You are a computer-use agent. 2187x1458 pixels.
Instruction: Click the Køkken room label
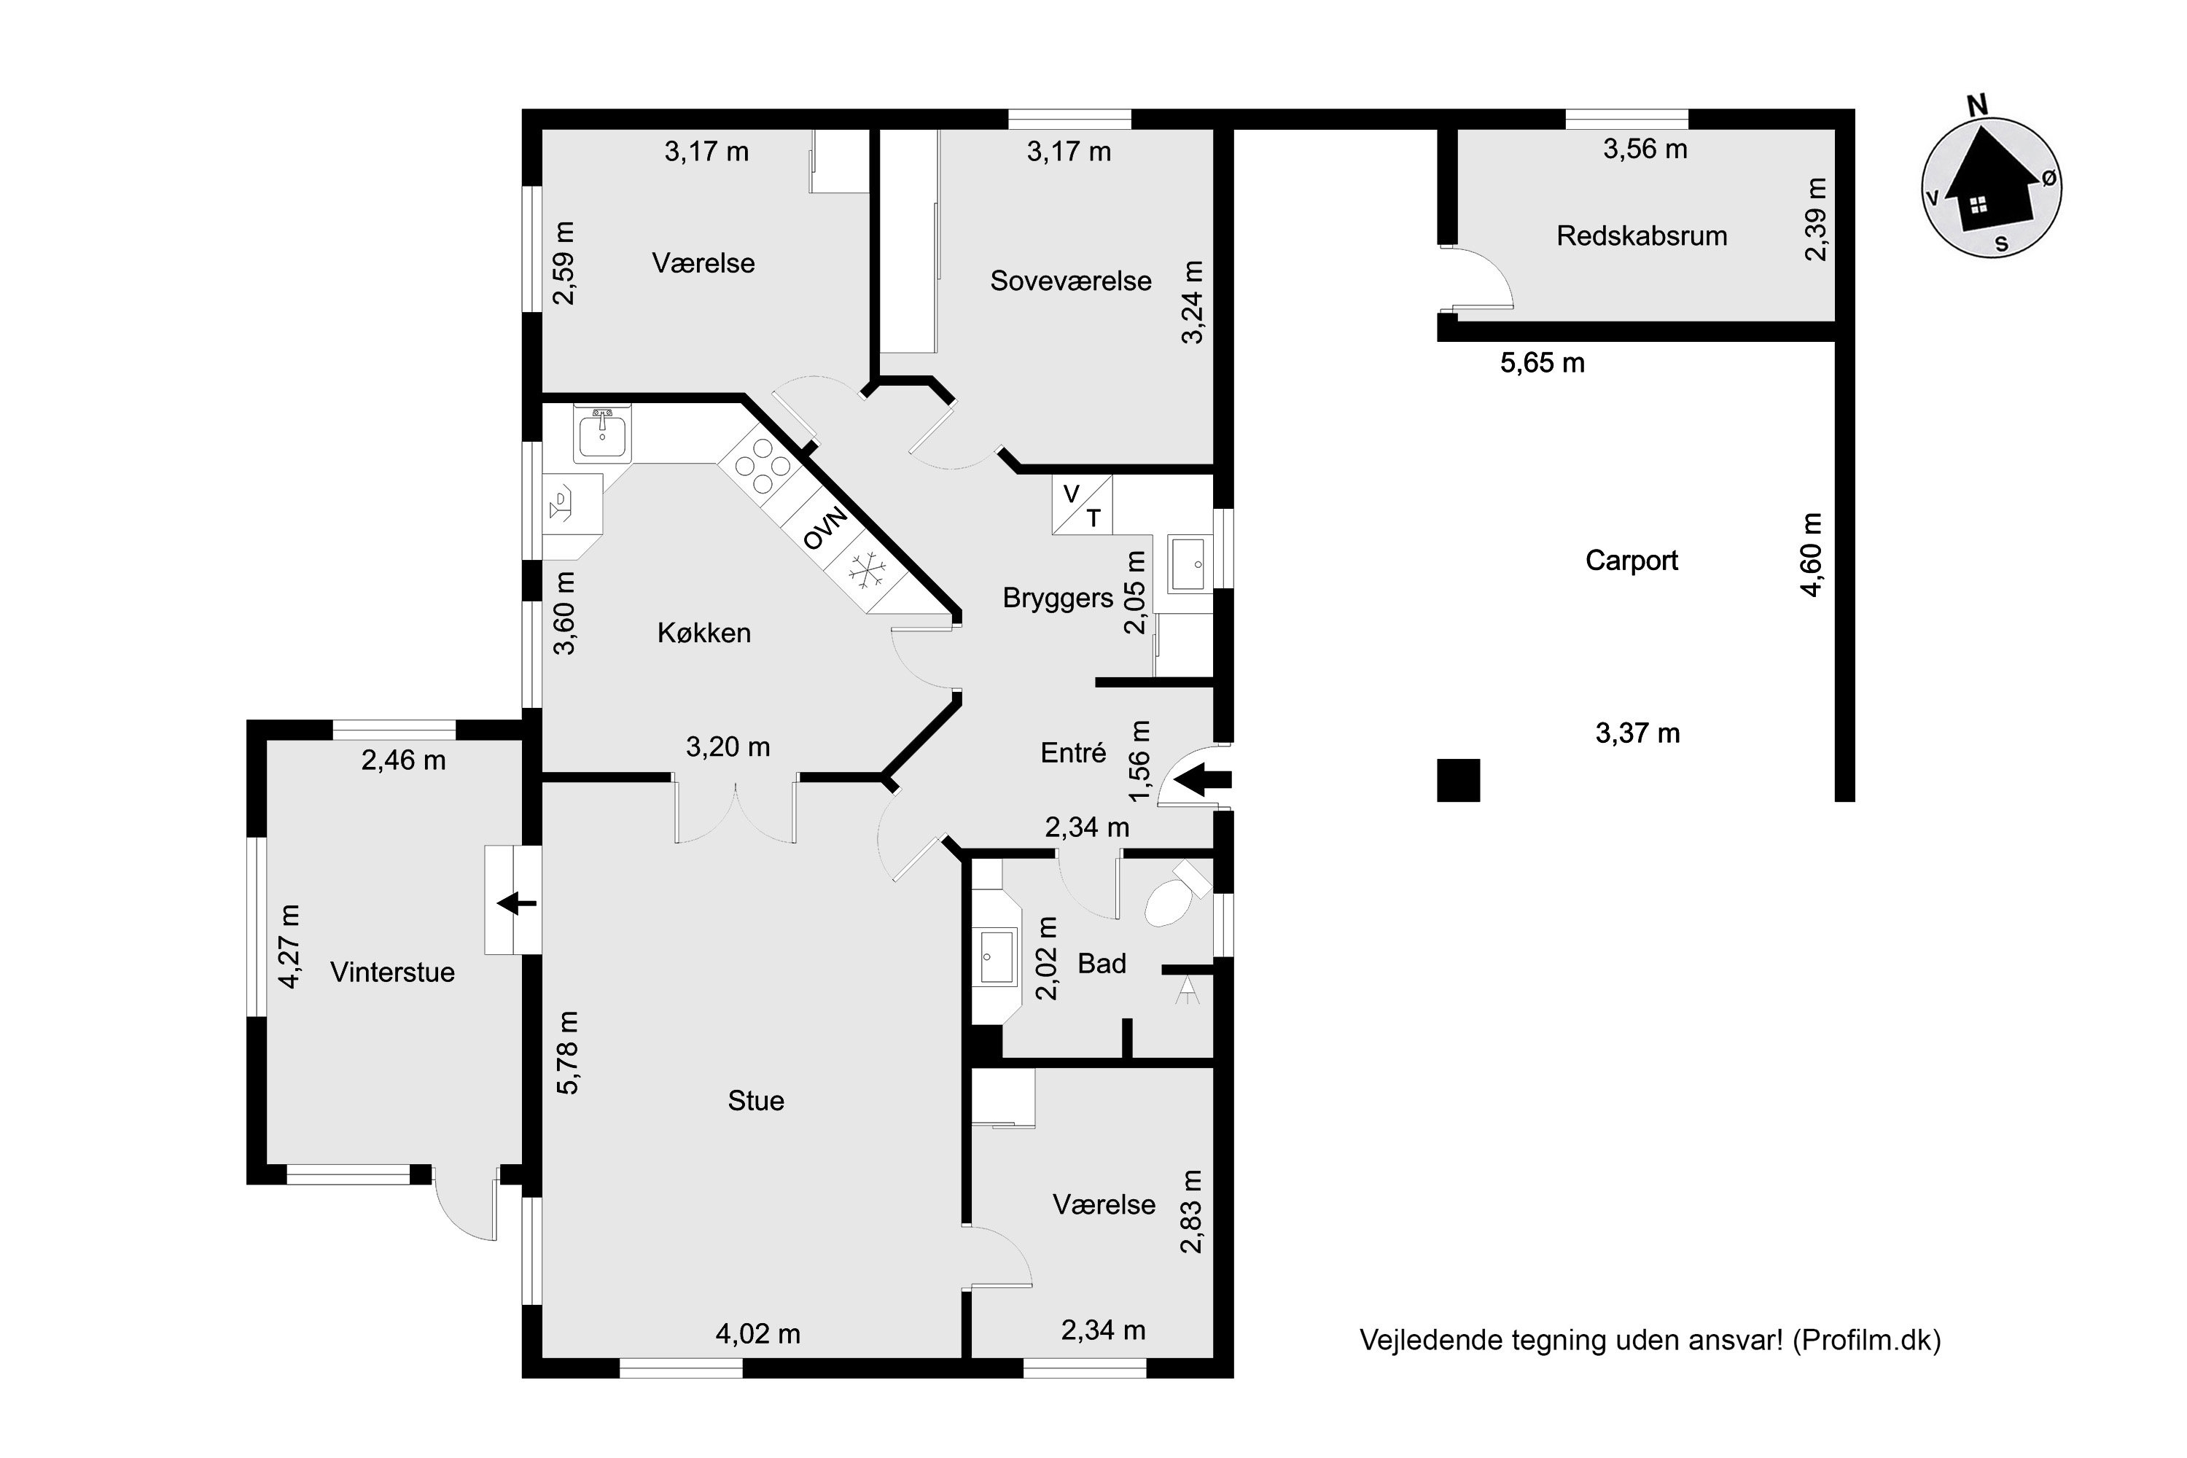click(704, 634)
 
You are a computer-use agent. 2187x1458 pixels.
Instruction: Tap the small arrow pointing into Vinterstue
click(517, 902)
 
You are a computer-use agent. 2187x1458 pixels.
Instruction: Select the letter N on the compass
click(1977, 106)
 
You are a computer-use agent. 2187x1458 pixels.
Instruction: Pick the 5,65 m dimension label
click(1542, 362)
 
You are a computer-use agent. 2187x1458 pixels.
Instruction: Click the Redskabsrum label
click(1641, 236)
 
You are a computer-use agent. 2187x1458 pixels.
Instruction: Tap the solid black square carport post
click(1458, 779)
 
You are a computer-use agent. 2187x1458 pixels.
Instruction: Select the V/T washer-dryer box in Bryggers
click(1081, 505)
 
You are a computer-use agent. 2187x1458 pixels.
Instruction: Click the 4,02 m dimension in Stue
click(758, 1333)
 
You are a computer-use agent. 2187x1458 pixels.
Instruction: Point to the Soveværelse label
click(1070, 281)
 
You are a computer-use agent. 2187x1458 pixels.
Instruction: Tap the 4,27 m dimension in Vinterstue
click(290, 946)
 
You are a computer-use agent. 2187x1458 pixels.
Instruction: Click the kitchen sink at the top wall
click(601, 433)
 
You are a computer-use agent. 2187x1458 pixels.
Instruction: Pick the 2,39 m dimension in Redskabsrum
click(1815, 219)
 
